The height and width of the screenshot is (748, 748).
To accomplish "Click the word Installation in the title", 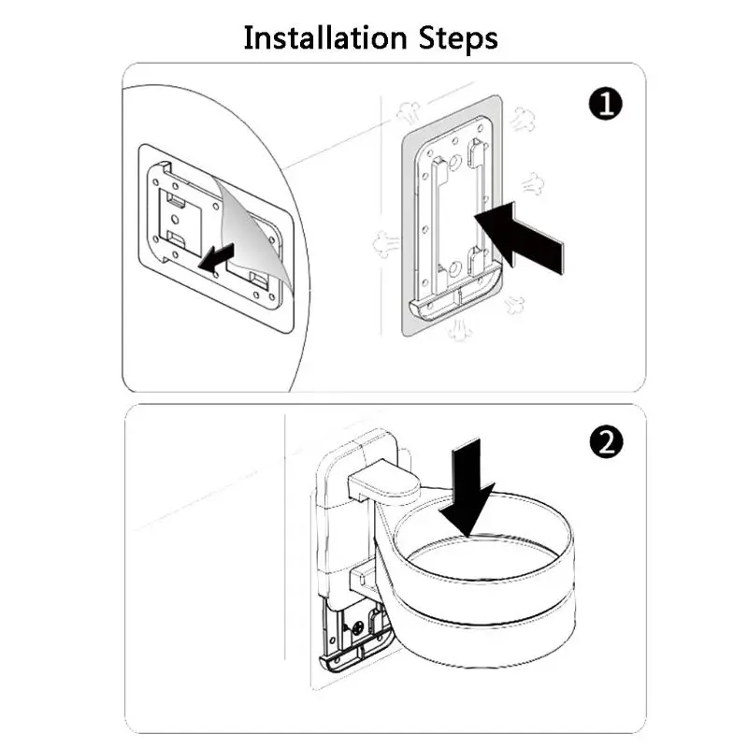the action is point(325,38).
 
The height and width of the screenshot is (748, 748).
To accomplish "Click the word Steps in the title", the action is point(458,39).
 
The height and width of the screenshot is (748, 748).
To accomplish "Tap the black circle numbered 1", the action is point(605,103).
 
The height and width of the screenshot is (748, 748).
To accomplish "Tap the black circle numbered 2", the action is point(606,441).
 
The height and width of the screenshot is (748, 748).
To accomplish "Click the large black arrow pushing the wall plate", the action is point(518,238).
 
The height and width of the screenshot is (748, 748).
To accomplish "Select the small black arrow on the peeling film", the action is point(216,258).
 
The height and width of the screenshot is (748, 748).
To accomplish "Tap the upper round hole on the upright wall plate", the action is point(455,163).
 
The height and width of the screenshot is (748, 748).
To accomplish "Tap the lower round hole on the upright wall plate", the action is point(454,268).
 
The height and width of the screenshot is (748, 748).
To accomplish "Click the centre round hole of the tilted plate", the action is point(175,220).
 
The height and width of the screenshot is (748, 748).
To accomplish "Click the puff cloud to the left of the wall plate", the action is point(385,244).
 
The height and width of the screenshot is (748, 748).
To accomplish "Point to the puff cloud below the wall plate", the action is point(458,330).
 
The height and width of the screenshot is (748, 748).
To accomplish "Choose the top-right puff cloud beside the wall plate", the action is point(523,120).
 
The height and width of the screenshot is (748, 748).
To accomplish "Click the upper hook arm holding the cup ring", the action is point(383,481).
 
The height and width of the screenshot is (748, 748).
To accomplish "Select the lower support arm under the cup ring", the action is point(365,578).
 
